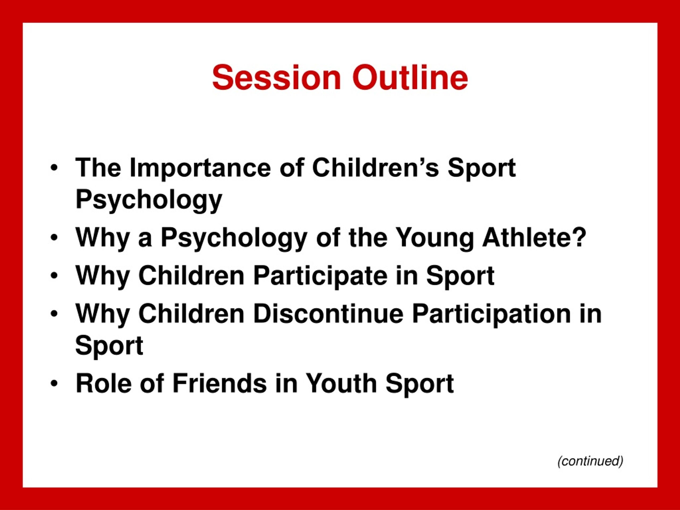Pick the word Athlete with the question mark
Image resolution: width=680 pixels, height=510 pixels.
[534, 237]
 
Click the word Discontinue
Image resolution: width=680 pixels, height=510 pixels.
[328, 313]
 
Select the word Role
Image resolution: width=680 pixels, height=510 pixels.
[104, 383]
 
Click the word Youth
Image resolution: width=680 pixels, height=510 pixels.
[342, 383]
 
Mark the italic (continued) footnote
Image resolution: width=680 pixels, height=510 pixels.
[590, 461]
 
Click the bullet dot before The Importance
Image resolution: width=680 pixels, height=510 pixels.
[54, 168]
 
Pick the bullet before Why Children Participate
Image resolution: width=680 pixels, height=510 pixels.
[54, 276]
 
